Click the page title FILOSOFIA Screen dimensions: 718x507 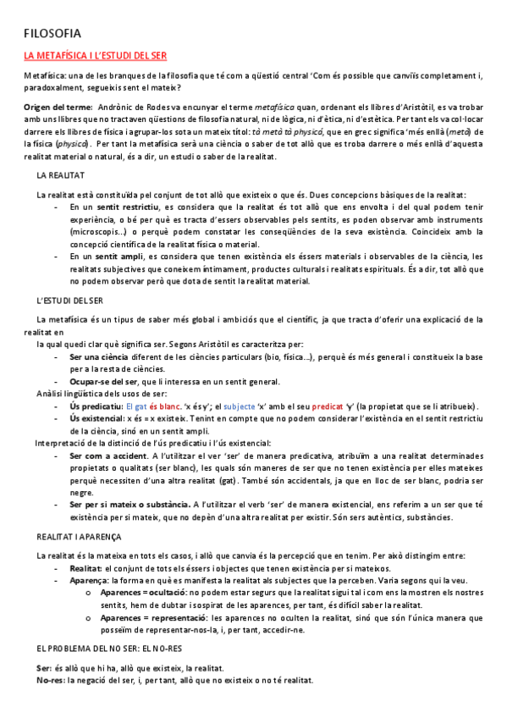[x=52, y=34]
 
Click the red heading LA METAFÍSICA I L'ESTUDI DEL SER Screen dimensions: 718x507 [x=95, y=56]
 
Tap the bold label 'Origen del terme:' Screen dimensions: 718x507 [x=58, y=108]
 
